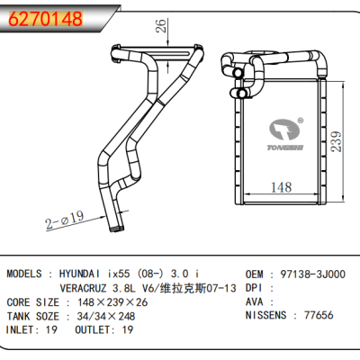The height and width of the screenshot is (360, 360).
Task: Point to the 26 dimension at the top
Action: point(163,27)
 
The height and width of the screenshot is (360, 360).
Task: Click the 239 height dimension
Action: point(336,139)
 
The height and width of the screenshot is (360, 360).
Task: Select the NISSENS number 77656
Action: point(322,315)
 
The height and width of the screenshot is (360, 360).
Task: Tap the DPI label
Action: point(256,288)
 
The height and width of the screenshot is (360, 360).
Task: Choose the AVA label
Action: point(256,301)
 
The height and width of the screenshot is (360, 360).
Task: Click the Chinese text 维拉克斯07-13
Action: point(198,288)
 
